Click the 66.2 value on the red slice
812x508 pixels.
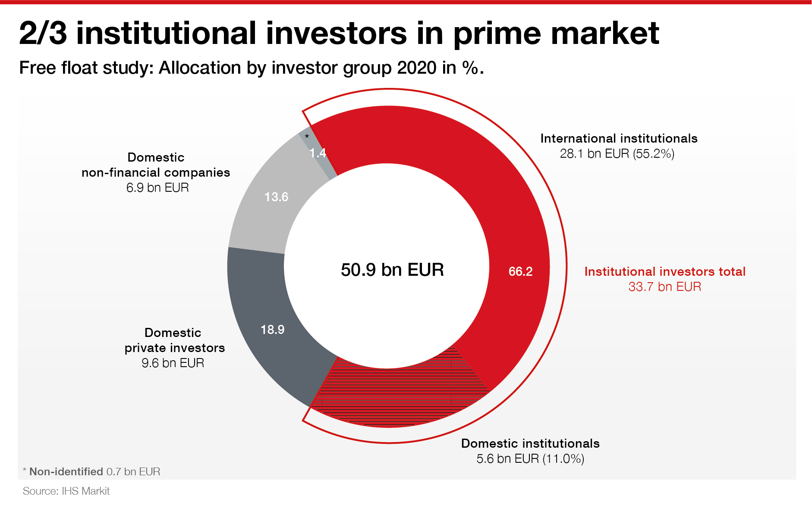pyautogui.click(x=520, y=271)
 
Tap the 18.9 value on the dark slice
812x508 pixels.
pyautogui.click(x=272, y=330)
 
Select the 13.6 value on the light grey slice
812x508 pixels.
pyautogui.click(x=276, y=197)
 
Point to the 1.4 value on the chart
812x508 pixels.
pyautogui.click(x=318, y=153)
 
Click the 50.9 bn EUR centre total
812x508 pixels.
pyautogui.click(x=392, y=270)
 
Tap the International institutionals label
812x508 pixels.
pyautogui.click(x=619, y=138)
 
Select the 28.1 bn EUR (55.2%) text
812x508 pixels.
pyautogui.click(x=617, y=153)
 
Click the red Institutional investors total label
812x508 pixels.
pyautogui.click(x=665, y=271)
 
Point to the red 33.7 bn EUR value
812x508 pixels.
pyautogui.click(x=664, y=287)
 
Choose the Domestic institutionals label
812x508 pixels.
pyautogui.click(x=530, y=443)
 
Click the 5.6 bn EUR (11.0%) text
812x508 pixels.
pyautogui.click(x=530, y=458)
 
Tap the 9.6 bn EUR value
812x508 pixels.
pyautogui.click(x=173, y=363)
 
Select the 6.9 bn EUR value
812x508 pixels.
pyautogui.click(x=157, y=187)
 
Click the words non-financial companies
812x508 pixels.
pyautogui.click(x=156, y=172)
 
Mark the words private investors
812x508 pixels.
pyautogui.click(x=175, y=348)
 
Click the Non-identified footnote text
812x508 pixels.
pyautogui.click(x=66, y=471)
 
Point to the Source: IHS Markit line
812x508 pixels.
pyautogui.click(x=66, y=491)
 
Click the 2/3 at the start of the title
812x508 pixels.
pyautogui.click(x=43, y=33)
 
